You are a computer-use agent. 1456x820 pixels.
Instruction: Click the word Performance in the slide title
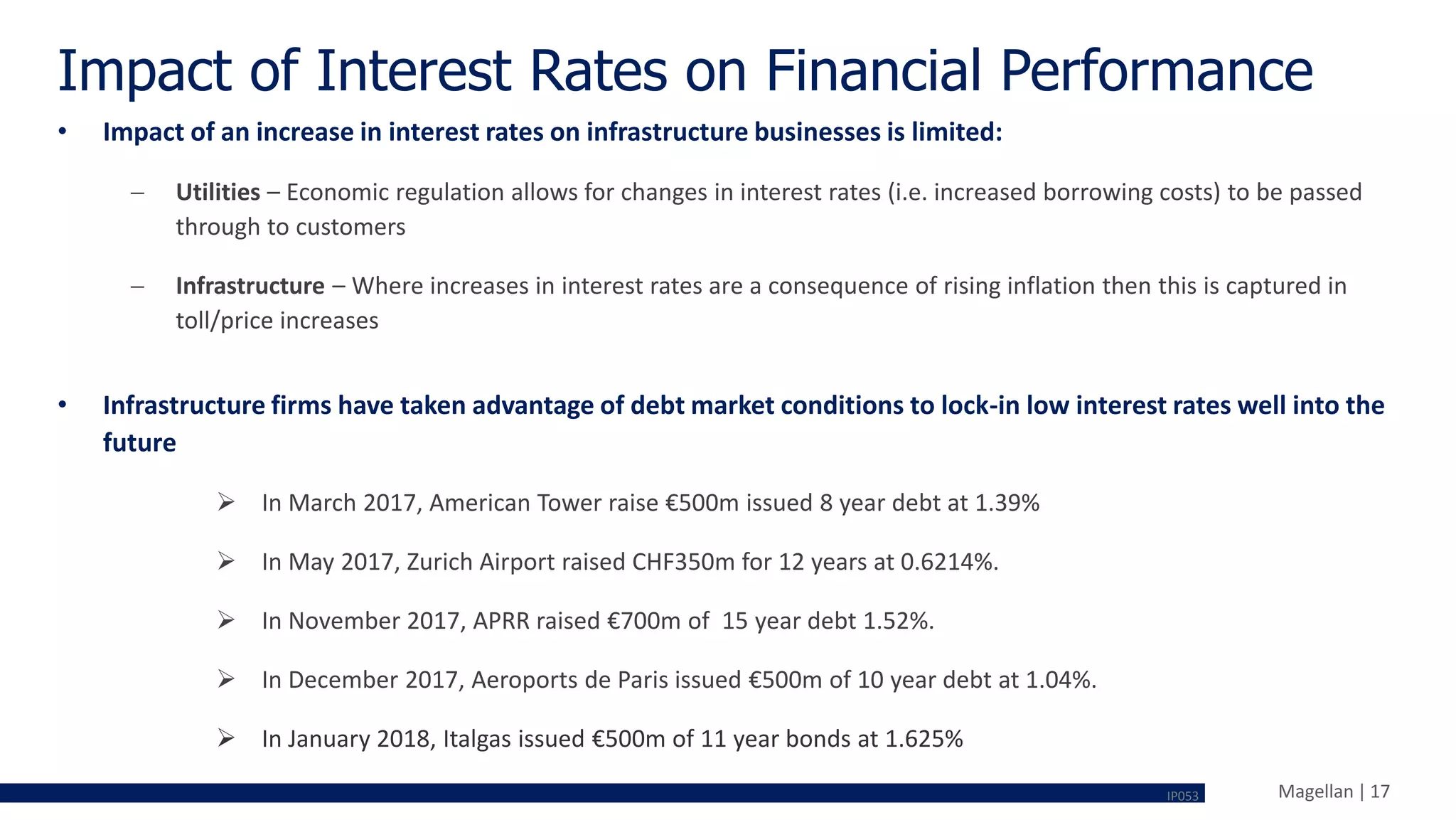[1156, 71]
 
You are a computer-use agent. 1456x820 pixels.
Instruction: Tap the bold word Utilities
[218, 192]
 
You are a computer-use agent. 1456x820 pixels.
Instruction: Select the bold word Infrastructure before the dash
[250, 286]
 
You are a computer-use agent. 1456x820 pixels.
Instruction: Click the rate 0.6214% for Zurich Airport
[948, 562]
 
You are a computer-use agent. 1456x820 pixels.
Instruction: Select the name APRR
[501, 621]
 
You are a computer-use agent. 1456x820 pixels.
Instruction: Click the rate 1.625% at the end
[924, 739]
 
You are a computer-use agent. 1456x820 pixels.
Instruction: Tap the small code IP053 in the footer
[1182, 797]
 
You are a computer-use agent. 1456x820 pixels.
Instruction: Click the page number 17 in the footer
[1380, 792]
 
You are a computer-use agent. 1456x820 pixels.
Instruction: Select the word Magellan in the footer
[1315, 792]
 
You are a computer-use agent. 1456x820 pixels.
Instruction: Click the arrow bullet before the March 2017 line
[226, 503]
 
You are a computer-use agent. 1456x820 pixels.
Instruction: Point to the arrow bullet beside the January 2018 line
[226, 738]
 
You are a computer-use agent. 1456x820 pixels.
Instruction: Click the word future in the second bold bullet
[139, 442]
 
